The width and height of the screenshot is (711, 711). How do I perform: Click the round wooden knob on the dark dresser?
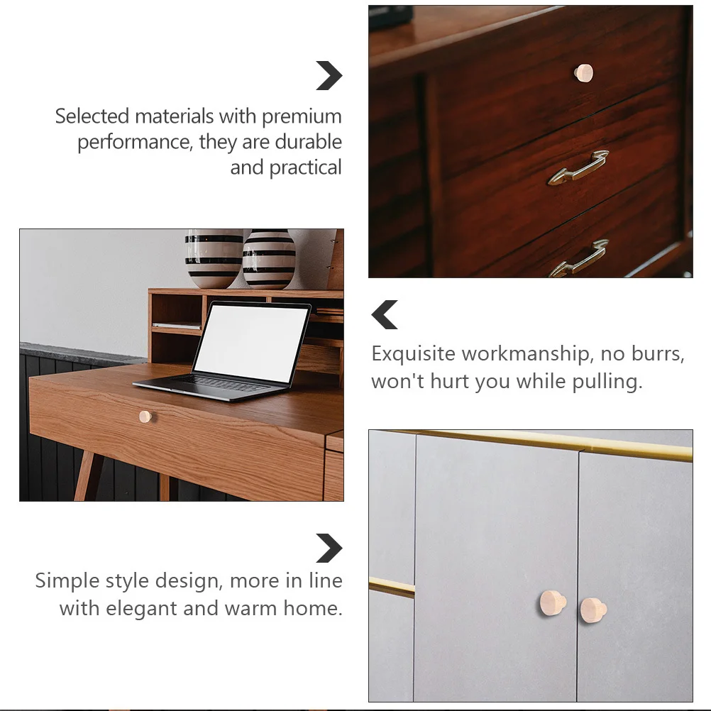pyautogui.click(x=584, y=73)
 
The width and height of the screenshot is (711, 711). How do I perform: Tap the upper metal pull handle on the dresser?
pyautogui.click(x=578, y=169)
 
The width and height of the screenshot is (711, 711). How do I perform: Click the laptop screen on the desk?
pyautogui.click(x=250, y=343)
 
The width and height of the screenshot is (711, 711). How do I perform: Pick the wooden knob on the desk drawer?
pyautogui.click(x=145, y=417)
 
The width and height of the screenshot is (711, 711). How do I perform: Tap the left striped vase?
pyautogui.click(x=214, y=258)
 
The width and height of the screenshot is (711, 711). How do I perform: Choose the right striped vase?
pyautogui.click(x=269, y=259)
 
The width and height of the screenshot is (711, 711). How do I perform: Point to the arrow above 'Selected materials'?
pyautogui.click(x=329, y=76)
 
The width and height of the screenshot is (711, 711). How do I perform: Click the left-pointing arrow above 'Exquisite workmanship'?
pyautogui.click(x=385, y=315)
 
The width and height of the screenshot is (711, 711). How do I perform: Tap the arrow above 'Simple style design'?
pyautogui.click(x=329, y=548)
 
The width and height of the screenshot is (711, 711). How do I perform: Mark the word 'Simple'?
pyautogui.click(x=67, y=581)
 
